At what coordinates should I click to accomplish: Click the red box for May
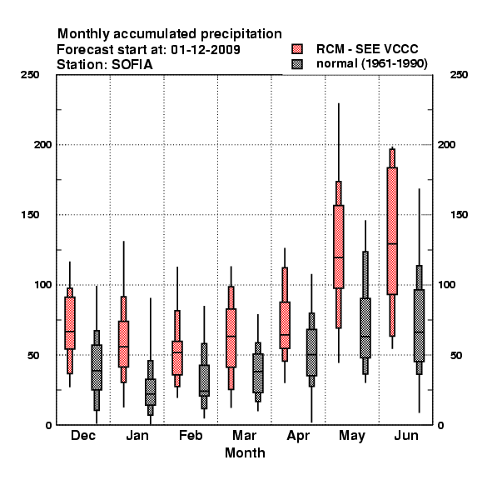click(x=339, y=247)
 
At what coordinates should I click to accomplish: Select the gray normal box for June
click(x=420, y=326)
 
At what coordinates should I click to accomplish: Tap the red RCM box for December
click(x=70, y=323)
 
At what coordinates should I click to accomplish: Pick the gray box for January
click(x=151, y=392)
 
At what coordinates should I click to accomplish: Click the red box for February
click(x=177, y=358)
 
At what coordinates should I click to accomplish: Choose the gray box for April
click(x=311, y=352)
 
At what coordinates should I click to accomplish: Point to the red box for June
click(x=392, y=231)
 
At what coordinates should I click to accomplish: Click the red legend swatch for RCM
click(x=297, y=49)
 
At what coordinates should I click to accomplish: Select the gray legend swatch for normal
click(x=297, y=64)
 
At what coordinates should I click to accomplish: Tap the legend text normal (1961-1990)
click(x=371, y=63)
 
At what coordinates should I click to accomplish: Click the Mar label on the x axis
click(x=244, y=435)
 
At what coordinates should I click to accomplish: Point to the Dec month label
click(x=83, y=435)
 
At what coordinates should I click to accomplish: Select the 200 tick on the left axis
click(x=42, y=145)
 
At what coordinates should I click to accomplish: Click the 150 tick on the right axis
click(x=459, y=215)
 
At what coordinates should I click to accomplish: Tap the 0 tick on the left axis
click(x=48, y=425)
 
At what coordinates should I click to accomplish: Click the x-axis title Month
click(x=245, y=452)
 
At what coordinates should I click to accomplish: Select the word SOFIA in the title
click(x=132, y=65)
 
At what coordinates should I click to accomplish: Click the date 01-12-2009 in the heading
click(x=206, y=49)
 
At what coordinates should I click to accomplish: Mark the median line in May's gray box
click(x=365, y=336)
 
